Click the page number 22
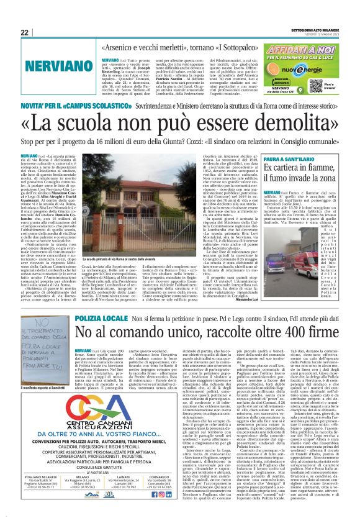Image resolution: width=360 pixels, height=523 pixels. (24, 32)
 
